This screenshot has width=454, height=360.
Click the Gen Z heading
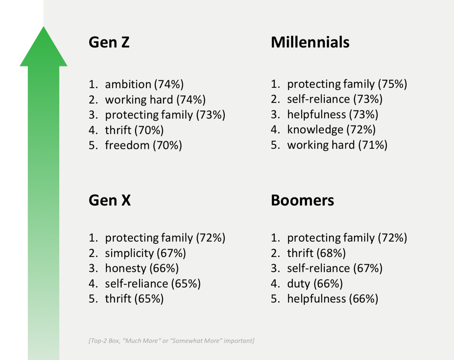coord(109,42)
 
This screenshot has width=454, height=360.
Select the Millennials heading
coord(310,42)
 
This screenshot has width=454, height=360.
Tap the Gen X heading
coord(110,200)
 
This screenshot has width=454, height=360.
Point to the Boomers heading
coord(302,200)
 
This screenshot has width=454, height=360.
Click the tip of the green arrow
coord(44,27)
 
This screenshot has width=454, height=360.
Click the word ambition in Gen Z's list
coord(128,84)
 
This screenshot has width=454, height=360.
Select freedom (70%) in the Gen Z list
coord(143,145)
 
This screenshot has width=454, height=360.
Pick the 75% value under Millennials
coord(393,84)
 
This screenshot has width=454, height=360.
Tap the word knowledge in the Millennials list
coord(315,130)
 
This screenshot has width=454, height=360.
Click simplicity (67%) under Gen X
coord(145,253)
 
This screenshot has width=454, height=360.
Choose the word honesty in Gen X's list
coord(126,268)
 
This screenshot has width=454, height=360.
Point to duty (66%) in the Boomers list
coord(315,283)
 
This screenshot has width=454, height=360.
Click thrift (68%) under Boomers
coord(317,253)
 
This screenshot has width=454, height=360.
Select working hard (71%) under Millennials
coord(337,145)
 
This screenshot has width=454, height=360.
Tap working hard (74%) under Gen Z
coord(155,99)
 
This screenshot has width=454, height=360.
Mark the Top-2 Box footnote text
coord(172,341)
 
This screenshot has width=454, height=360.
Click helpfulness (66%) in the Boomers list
coord(333,299)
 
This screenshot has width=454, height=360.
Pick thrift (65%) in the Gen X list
coord(134,299)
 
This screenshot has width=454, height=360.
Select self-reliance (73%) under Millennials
coord(335,99)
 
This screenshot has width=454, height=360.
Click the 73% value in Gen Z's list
coord(210,115)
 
